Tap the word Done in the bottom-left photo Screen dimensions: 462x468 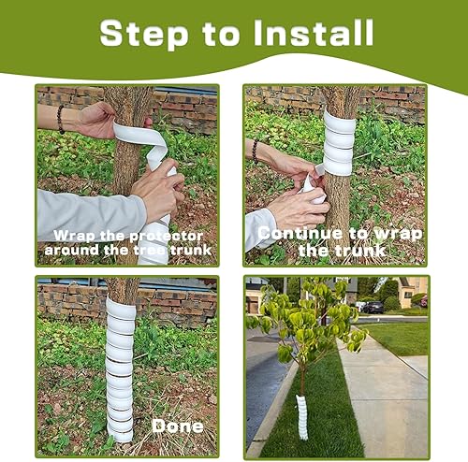tap(178, 426)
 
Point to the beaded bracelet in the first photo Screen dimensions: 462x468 tap(61, 119)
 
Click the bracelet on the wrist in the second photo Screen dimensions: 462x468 tap(255, 151)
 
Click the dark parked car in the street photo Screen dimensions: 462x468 tap(373, 307)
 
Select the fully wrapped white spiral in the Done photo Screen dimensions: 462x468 tap(120, 369)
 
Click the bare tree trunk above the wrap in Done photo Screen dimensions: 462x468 tap(123, 289)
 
